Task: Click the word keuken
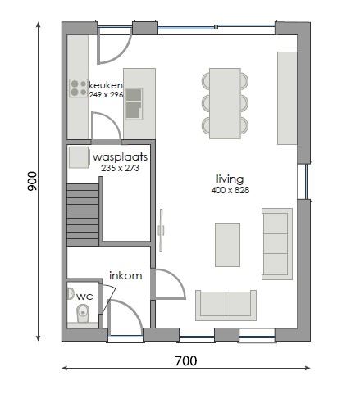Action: (x=106, y=85)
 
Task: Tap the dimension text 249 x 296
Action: (x=106, y=95)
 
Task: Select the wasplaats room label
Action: (x=120, y=156)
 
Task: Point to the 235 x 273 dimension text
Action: (x=120, y=167)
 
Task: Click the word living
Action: (x=230, y=179)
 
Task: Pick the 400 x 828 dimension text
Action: (x=230, y=189)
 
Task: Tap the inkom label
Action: (x=125, y=276)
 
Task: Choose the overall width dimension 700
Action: (x=185, y=360)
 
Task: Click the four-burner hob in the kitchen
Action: (x=79, y=88)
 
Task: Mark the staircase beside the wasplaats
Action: (x=82, y=211)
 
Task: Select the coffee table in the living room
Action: (x=227, y=245)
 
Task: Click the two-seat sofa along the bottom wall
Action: (x=224, y=304)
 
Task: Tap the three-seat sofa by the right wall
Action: (x=276, y=243)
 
